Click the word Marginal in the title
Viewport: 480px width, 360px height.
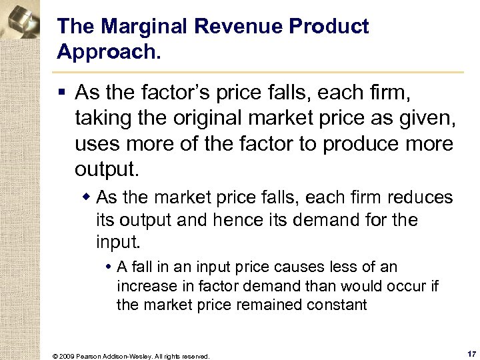point(132,27)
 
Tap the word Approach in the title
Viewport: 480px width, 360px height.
point(107,51)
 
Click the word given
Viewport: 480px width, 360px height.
point(425,119)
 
